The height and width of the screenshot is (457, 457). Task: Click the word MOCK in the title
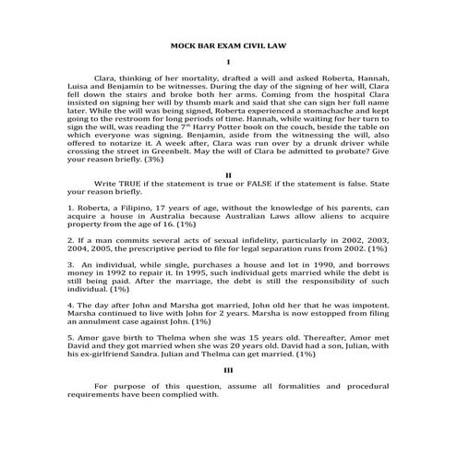[186, 45]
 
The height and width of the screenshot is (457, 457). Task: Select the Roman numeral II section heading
[228, 174]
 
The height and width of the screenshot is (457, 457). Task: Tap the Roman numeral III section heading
[228, 368]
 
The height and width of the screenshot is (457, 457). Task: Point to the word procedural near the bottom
[366, 384]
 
